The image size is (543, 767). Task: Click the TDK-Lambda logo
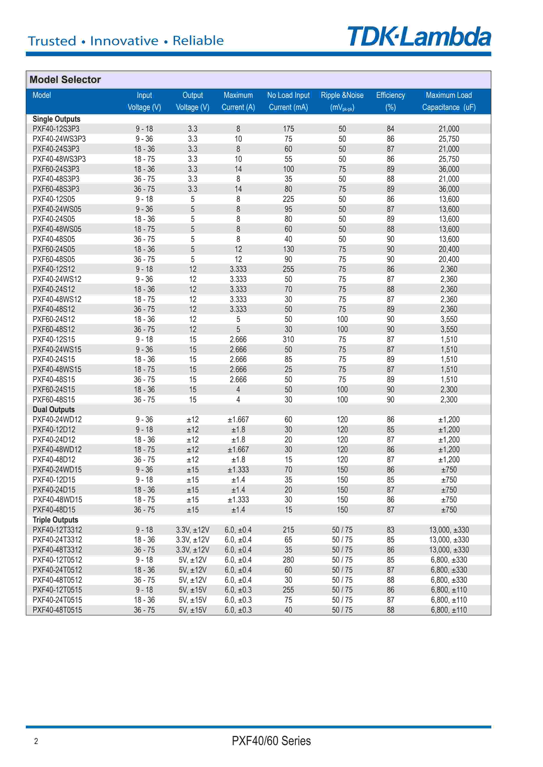[419, 37]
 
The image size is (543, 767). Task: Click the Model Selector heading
[65, 79]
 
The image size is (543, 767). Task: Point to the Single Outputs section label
[57, 119]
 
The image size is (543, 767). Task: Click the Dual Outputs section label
[53, 409]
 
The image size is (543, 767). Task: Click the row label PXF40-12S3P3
[56, 129]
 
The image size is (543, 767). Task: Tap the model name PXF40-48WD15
[58, 500]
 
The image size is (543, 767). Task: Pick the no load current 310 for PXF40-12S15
[288, 340]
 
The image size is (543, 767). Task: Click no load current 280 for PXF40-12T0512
[288, 560]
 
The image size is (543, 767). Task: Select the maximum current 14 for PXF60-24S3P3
[238, 169]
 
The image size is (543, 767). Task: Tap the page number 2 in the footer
[36, 741]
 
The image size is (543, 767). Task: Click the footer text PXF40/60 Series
[271, 741]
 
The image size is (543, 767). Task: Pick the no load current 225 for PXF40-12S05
[288, 199]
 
